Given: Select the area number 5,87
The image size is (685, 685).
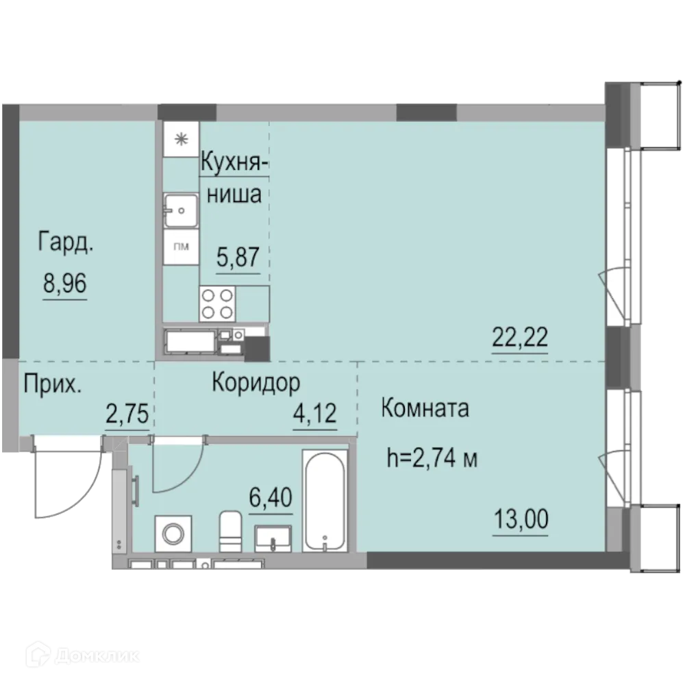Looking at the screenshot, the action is [x=238, y=257].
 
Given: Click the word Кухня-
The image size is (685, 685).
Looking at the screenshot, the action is [x=234, y=163].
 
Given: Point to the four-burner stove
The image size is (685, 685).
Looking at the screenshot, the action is [x=217, y=304].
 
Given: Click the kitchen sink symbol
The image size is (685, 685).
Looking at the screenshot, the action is [x=181, y=210].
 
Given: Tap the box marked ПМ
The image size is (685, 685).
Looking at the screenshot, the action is [x=181, y=247].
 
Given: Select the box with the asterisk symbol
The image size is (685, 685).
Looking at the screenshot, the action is [x=181, y=139].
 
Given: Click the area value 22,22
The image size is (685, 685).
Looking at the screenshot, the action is [x=520, y=337].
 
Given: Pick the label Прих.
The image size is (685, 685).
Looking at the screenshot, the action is [x=53, y=384].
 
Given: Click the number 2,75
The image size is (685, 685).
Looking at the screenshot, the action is [x=127, y=414].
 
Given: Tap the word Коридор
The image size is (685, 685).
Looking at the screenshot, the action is [x=256, y=383].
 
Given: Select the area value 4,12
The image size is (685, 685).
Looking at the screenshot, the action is [x=314, y=413].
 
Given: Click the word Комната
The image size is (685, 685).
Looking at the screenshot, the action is [x=425, y=408].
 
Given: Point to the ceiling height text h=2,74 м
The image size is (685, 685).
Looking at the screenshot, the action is [x=432, y=458].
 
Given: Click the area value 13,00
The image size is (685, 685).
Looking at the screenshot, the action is [x=521, y=519].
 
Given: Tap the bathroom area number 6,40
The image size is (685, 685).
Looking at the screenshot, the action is [x=271, y=497].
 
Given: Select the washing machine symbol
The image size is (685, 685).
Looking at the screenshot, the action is [x=173, y=534].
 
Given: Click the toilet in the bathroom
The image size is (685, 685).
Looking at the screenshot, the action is [x=230, y=532].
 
